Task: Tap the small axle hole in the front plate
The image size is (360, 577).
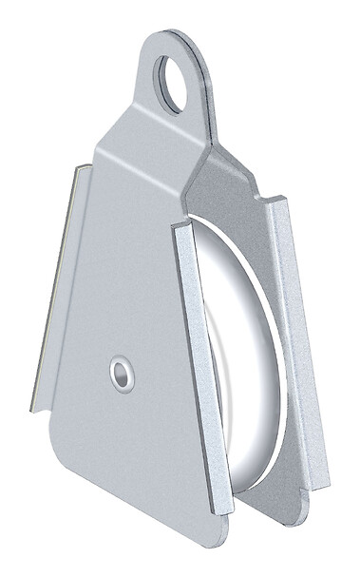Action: (121, 373)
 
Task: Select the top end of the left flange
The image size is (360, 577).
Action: (84, 170)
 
